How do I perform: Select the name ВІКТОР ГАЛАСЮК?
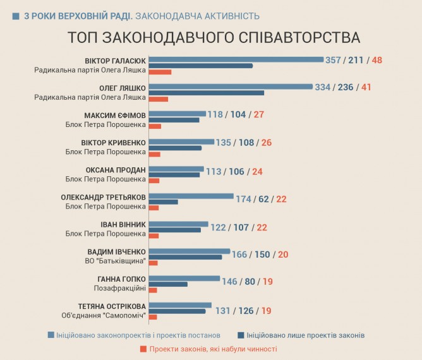115,61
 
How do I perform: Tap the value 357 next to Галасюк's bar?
333,61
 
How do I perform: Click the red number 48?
378,61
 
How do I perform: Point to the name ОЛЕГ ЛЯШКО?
123,88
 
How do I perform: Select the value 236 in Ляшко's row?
346,87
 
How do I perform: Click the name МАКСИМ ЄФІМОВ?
115,116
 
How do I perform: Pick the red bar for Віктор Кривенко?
155,153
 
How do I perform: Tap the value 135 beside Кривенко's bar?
224,143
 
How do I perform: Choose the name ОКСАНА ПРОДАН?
116,170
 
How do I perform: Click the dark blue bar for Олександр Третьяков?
164,202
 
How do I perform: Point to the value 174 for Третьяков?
243,199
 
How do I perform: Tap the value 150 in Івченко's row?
262,255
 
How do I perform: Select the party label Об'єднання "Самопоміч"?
105,315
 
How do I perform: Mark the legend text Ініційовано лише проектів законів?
306,335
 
